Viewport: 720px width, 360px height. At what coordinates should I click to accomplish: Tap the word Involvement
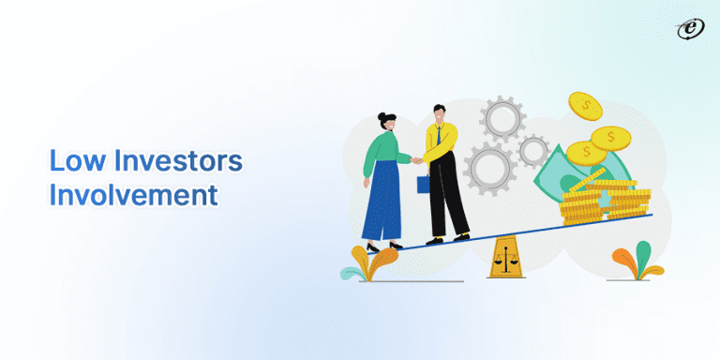coord(132,196)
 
